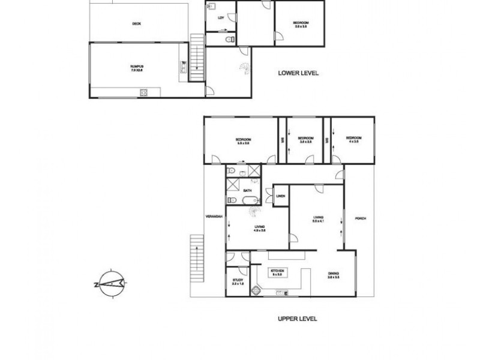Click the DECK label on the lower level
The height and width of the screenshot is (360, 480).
click(137, 24)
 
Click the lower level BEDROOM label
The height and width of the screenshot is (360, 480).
click(300, 25)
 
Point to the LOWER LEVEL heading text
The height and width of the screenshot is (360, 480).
click(298, 73)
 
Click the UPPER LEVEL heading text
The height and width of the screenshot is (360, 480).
click(297, 319)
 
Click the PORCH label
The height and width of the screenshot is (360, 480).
click(359, 218)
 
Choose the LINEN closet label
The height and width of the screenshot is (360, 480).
click(280, 196)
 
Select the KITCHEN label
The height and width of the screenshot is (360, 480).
click(277, 272)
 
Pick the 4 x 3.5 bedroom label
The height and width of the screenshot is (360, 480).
click(352, 140)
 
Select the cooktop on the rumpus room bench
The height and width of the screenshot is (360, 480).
click(144, 92)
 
